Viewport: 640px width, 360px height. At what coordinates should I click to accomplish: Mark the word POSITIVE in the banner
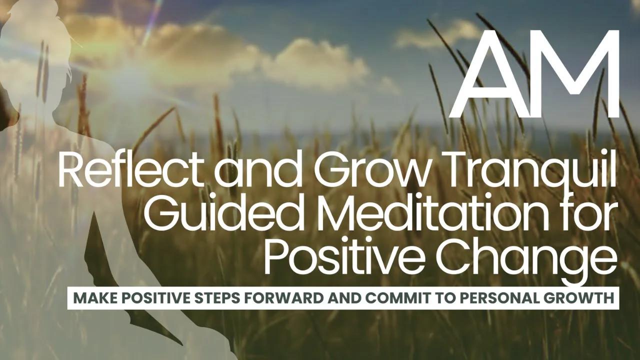tap(149, 298)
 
